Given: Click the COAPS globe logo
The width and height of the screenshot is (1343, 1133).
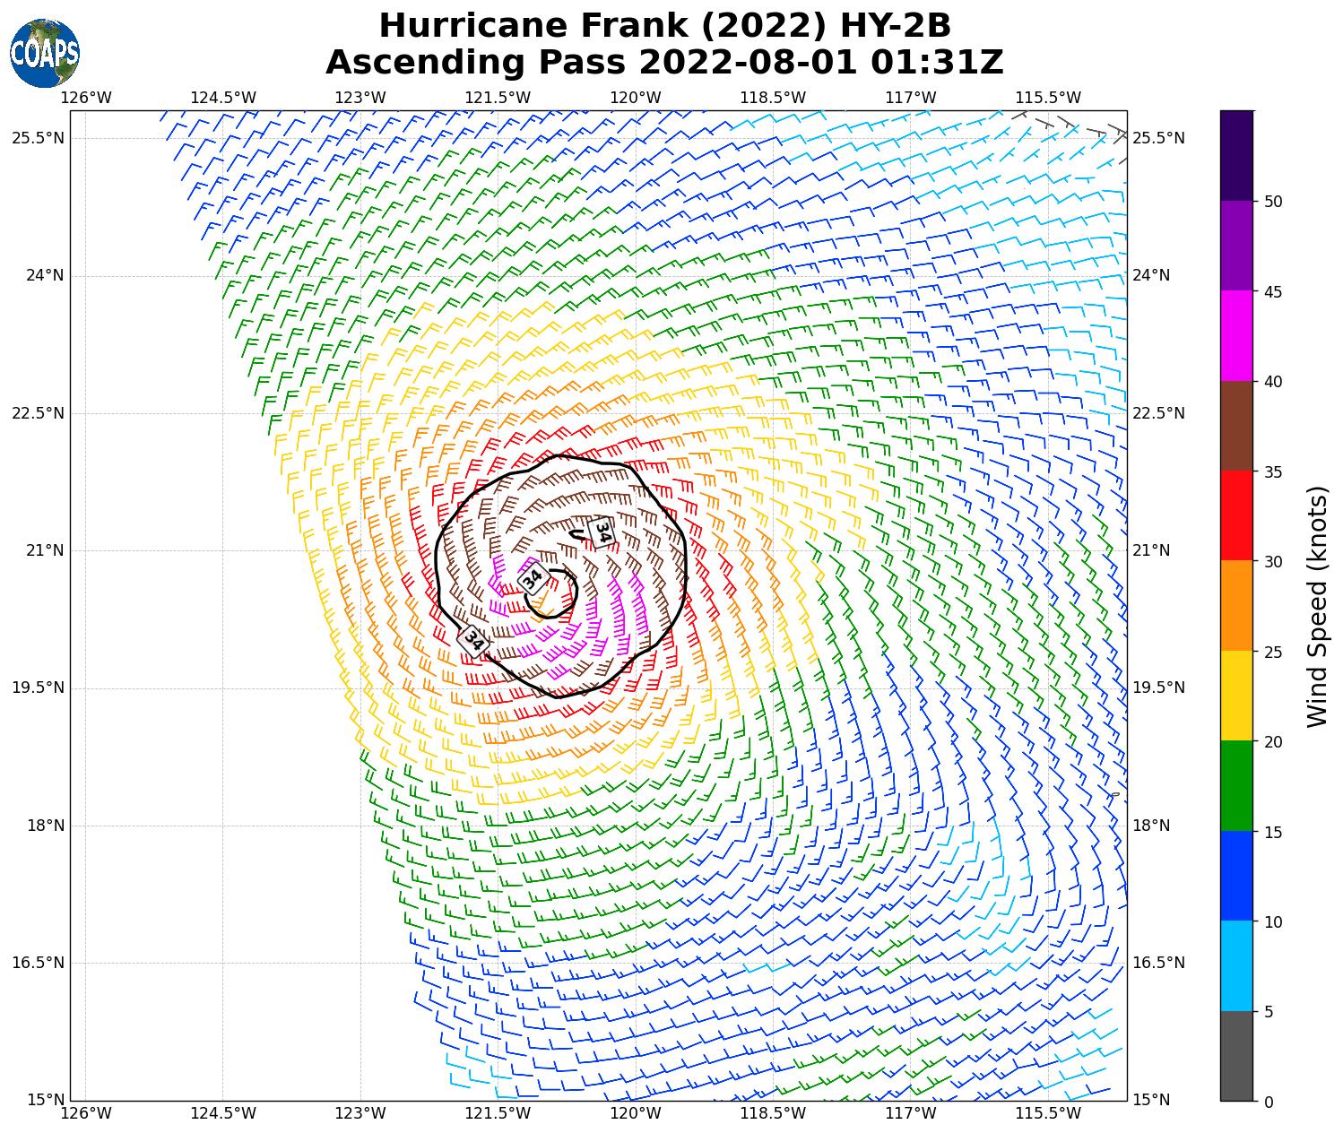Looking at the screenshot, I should coord(44,53).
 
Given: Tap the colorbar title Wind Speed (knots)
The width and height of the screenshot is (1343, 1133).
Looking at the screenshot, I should coord(1316,606).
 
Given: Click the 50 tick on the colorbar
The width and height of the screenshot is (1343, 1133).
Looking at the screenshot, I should coord(1272,202).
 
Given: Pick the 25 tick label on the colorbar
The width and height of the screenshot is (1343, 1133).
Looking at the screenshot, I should coord(1272,652).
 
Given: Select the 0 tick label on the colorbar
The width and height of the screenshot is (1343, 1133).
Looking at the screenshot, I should coord(1268,1102).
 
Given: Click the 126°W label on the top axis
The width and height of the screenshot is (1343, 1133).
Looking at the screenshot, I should coord(86,98).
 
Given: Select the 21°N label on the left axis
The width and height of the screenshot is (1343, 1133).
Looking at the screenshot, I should coord(45,550).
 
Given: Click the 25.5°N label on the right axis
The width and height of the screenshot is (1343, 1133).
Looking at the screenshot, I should coord(1158,138).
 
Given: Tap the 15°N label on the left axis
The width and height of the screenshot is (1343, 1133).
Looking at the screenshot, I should coord(45,1100).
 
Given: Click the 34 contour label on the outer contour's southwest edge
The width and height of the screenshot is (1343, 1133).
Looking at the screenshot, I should coord(472,641).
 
